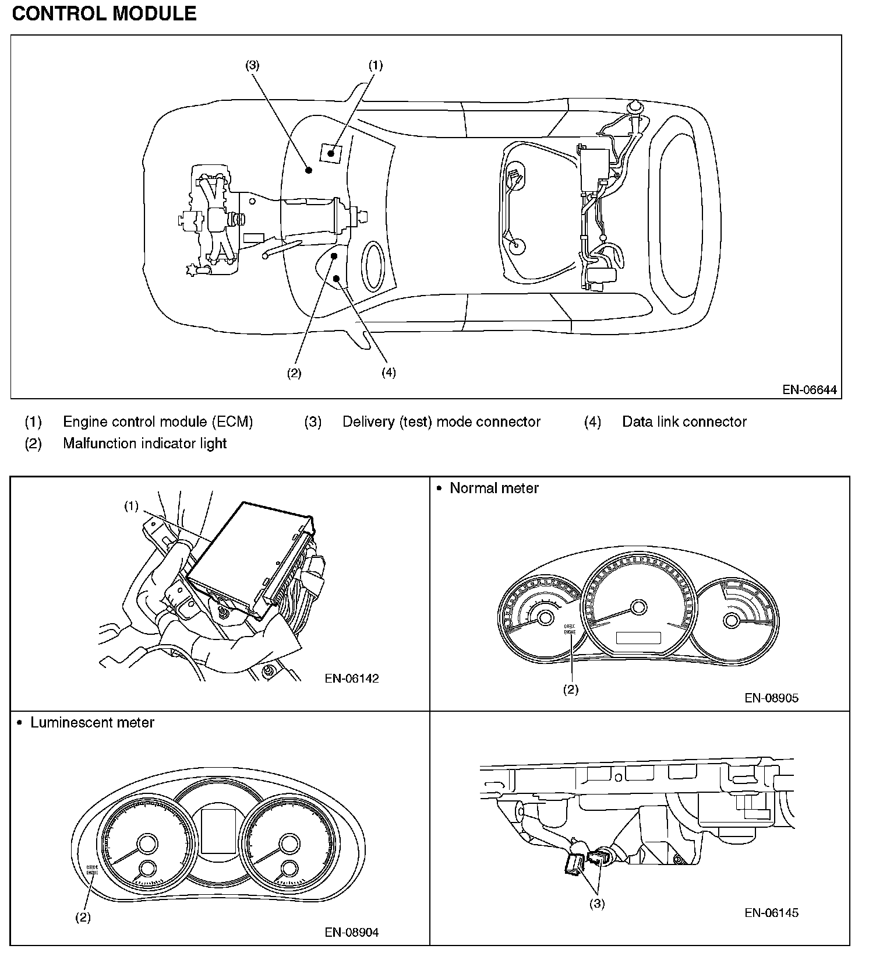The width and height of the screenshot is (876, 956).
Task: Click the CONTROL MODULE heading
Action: (x=104, y=13)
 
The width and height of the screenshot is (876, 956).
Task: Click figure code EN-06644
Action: (x=809, y=390)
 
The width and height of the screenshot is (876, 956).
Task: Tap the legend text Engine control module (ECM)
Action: (x=158, y=421)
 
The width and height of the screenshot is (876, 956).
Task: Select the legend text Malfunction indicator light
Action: (x=144, y=443)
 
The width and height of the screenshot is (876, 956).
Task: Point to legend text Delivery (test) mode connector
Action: (x=441, y=421)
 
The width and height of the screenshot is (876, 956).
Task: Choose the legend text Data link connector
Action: (x=684, y=421)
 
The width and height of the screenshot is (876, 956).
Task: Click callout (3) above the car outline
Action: (x=252, y=65)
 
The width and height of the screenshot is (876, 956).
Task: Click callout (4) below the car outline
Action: (x=388, y=372)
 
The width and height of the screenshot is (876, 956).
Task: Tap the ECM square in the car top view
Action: (x=331, y=153)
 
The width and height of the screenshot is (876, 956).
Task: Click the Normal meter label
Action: (x=494, y=488)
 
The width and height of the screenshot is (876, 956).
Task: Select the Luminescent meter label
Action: (x=92, y=722)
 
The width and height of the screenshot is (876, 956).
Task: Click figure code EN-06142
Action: (x=352, y=678)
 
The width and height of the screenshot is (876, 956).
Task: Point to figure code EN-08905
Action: (x=771, y=698)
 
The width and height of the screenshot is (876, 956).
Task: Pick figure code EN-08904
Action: (x=352, y=932)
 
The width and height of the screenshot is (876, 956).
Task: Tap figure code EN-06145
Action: (x=771, y=912)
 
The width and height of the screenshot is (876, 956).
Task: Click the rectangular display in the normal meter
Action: (x=638, y=638)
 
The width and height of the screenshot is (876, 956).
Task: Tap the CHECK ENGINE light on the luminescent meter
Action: (x=92, y=869)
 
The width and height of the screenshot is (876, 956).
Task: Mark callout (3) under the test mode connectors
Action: (x=597, y=904)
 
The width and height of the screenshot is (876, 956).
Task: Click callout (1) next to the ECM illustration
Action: (x=131, y=506)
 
